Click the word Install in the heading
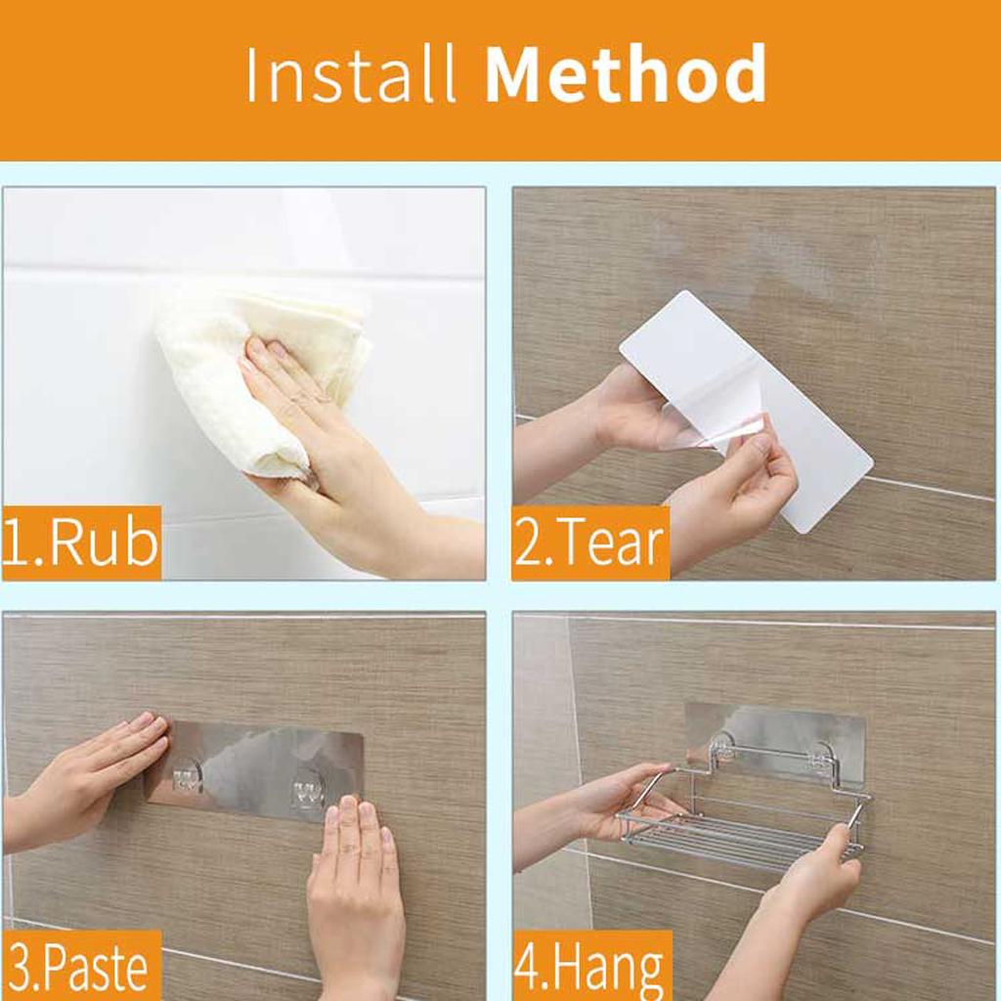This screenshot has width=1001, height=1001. (x=351, y=73)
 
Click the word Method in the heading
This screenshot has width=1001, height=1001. (x=627, y=73)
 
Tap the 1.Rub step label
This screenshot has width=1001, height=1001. (x=80, y=544)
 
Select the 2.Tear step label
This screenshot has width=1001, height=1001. (x=589, y=544)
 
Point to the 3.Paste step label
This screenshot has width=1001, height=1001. (x=80, y=965)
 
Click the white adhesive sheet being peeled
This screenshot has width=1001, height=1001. (x=747, y=409)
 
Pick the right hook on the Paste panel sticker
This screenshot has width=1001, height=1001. (x=310, y=792)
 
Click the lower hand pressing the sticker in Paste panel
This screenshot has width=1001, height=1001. (x=354, y=893)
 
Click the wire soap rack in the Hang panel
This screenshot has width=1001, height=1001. (x=744, y=810)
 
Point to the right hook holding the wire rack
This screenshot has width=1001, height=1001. (x=818, y=756)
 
